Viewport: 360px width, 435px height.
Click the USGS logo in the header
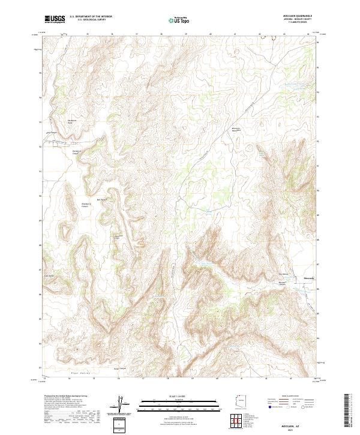pos(55,20)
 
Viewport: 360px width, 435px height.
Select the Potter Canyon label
pos(120,368)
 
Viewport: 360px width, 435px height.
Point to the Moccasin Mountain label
pos(237,130)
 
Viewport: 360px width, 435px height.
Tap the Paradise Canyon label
pos(76,152)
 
